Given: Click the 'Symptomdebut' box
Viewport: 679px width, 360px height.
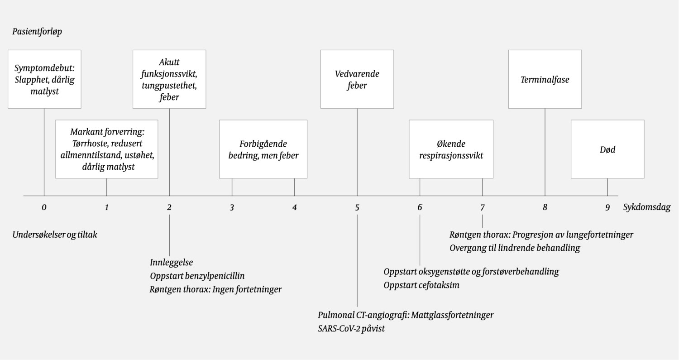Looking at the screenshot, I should coord(44,79).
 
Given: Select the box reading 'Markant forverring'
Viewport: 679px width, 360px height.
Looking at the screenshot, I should coord(107,149).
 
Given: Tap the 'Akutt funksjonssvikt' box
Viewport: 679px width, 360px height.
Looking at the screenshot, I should coord(169,79).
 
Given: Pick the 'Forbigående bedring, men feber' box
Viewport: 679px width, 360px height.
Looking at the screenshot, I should coord(263,149).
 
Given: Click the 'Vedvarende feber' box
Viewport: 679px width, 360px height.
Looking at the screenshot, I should coord(357,79).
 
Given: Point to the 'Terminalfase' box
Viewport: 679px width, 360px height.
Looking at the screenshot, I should coord(545,79).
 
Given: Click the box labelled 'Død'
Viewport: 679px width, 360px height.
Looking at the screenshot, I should coord(607,149).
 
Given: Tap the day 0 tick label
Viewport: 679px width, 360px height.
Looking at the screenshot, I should coord(44,208).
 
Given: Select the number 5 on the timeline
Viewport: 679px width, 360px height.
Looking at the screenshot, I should coord(357,208).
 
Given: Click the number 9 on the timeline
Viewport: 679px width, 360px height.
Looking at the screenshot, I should coord(607,208).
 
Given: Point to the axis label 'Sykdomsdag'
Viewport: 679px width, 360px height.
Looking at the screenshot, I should coord(647,208).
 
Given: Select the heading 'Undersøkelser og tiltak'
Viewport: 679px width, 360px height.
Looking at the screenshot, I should coord(55,235).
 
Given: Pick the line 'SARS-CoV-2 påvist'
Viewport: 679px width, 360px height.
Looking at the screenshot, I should coord(351,329).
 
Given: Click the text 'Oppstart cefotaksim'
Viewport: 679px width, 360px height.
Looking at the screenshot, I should coord(421,285).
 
